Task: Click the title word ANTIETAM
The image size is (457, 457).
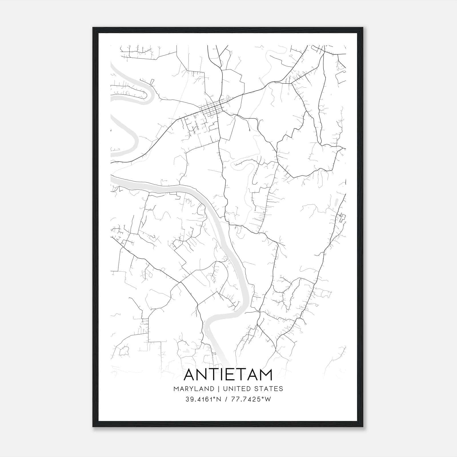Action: pos(228,375)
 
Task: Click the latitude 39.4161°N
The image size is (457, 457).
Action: pos(203,399)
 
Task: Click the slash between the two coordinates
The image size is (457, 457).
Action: pos(226,399)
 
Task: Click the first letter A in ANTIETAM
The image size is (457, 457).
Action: pos(190,375)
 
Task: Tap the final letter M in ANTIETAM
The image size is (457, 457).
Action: pos(266,375)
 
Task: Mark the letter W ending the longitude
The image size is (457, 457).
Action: pos(268,399)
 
